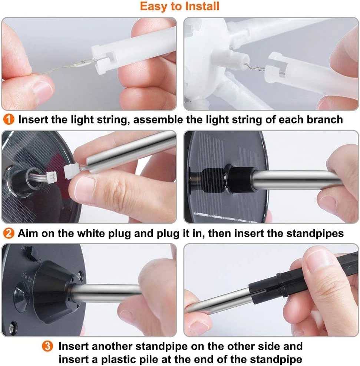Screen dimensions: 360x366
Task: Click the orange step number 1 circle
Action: click(9, 119)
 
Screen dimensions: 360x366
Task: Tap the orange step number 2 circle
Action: click(9, 233)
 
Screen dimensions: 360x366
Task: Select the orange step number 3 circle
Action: click(47, 346)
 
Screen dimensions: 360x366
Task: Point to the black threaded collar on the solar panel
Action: click(241, 179)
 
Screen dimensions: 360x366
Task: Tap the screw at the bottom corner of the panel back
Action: click(12, 328)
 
